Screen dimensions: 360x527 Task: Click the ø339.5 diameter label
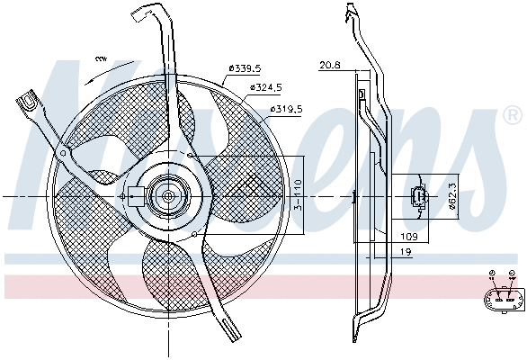click(245, 67)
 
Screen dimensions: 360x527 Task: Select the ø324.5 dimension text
click(266, 87)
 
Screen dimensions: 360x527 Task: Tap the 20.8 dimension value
click(329, 65)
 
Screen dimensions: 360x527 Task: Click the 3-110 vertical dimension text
click(297, 196)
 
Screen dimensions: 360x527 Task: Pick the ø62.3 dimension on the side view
click(453, 195)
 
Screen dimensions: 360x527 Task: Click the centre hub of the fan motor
click(167, 195)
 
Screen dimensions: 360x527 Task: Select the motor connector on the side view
click(419, 197)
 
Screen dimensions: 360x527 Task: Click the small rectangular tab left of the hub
click(134, 195)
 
